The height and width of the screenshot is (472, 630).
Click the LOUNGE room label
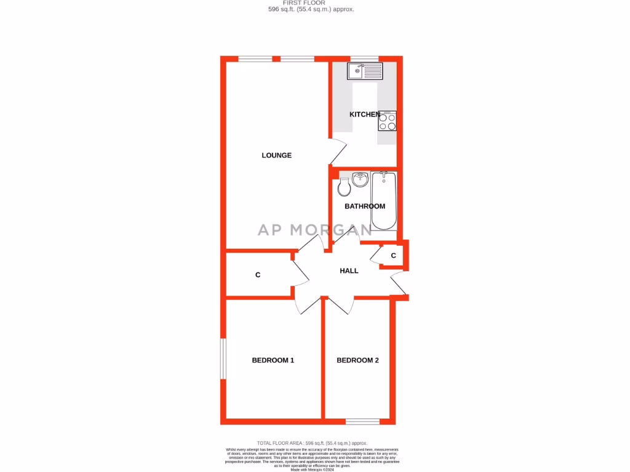pos(276,155)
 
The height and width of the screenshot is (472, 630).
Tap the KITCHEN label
pos(365,114)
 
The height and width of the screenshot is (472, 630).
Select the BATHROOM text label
pos(365,206)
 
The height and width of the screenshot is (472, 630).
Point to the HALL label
pos(349,270)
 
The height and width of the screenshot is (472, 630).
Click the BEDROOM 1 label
pos(273,360)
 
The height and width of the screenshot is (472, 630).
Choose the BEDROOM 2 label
pos(357,360)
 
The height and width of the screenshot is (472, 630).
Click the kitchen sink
pos(364,71)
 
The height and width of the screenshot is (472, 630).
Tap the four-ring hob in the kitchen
pos(387,122)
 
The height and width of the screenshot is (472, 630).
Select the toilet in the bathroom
pos(345,186)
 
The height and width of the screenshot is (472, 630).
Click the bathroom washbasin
pos(360,179)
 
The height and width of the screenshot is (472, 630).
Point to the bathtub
pos(384,200)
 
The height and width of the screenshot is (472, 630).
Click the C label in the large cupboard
pos(258,275)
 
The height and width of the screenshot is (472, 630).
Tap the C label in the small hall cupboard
pos(393,256)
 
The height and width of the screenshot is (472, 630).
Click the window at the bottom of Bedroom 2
pos(362,422)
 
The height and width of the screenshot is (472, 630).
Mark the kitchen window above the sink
pos(364,59)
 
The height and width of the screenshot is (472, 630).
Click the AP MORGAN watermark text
pos(314,230)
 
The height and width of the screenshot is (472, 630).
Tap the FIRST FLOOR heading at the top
pos(311,3)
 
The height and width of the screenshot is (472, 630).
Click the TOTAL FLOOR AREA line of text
pos(311,443)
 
